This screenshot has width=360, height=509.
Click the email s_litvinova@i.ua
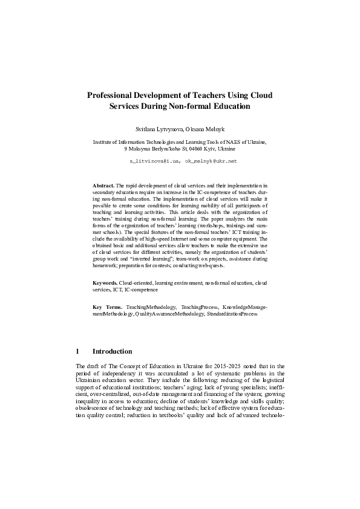coord(154,161)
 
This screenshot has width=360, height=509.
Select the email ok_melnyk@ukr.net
coord(211,161)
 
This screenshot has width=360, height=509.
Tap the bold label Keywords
coord(105,282)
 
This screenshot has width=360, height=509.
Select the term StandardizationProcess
coord(232,314)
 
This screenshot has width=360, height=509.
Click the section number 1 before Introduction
coord(78,352)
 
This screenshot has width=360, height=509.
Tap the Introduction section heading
coord(112,352)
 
